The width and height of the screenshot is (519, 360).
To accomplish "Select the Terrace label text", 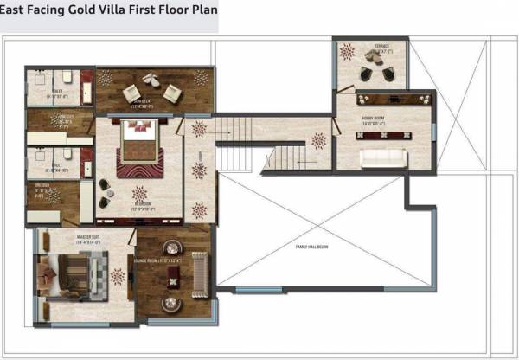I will (x=381, y=47).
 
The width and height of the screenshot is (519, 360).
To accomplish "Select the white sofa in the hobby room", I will (x=383, y=157).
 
